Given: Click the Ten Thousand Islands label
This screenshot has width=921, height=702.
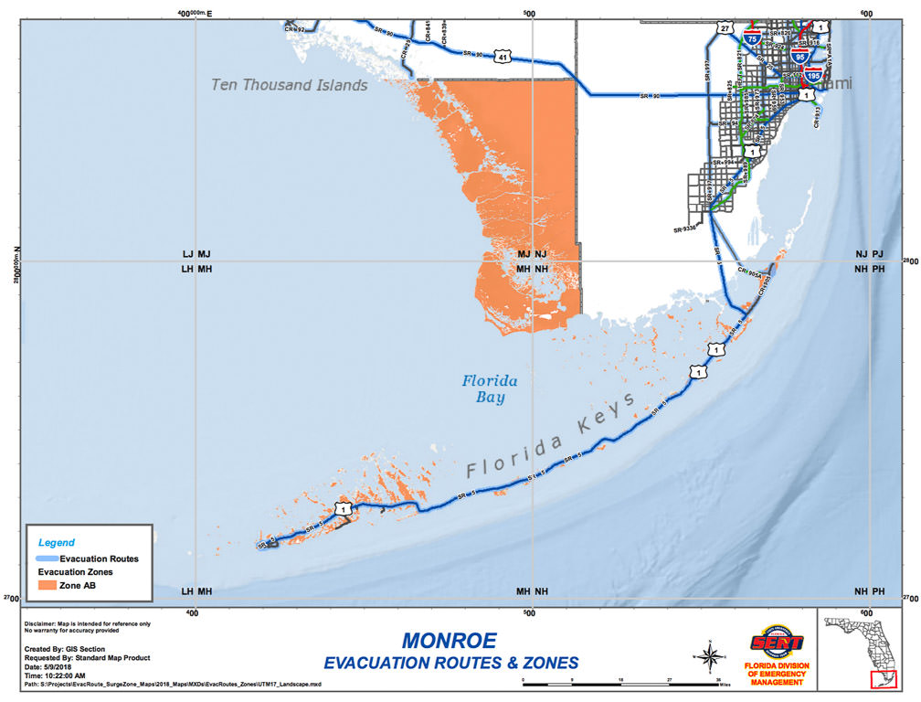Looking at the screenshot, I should [289, 85].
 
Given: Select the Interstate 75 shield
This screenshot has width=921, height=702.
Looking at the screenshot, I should [751, 39].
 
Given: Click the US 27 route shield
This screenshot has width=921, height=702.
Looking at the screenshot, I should [725, 29].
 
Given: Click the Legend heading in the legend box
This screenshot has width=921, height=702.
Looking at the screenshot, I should [57, 543].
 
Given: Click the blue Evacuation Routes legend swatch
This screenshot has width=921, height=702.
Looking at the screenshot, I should [46, 558].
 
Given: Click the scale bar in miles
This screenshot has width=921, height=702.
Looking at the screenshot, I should [621, 681].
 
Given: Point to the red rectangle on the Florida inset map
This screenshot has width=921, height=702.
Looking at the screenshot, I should [883, 679].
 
